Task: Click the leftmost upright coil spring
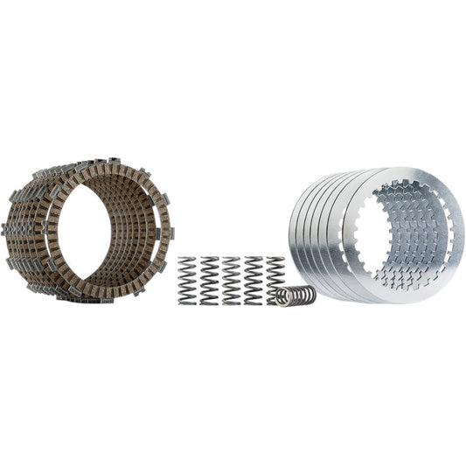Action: pyautogui.click(x=187, y=280)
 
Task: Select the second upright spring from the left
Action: pyautogui.click(x=209, y=280)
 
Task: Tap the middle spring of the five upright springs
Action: pyautogui.click(x=231, y=280)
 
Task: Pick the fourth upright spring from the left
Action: pyautogui.click(x=253, y=280)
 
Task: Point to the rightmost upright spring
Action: pyautogui.click(x=275, y=275)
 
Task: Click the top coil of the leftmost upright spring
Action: pyautogui.click(x=187, y=260)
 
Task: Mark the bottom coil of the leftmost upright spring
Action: pyautogui.click(x=187, y=302)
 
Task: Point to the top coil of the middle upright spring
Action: pyautogui.click(x=231, y=260)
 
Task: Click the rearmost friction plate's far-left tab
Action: pyautogui.click(x=8, y=229)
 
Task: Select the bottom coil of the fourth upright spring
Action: pyautogui.click(x=253, y=302)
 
